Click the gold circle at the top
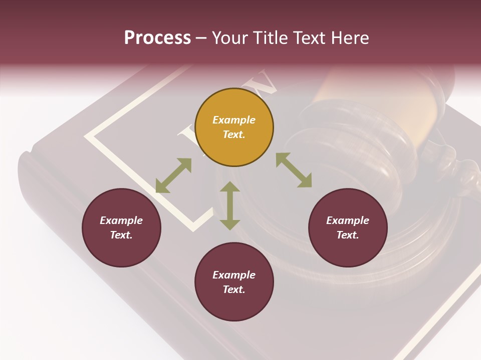(234, 127)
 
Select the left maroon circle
(121, 227)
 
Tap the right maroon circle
(348, 227)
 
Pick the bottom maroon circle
(234, 282)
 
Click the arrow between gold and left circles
(173, 175)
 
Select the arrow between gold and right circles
(294, 170)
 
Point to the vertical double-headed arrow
(230, 206)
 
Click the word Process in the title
(157, 38)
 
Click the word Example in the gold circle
(234, 120)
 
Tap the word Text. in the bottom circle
(234, 289)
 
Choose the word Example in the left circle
(121, 220)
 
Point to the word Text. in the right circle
(348, 235)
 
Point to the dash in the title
(201, 38)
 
